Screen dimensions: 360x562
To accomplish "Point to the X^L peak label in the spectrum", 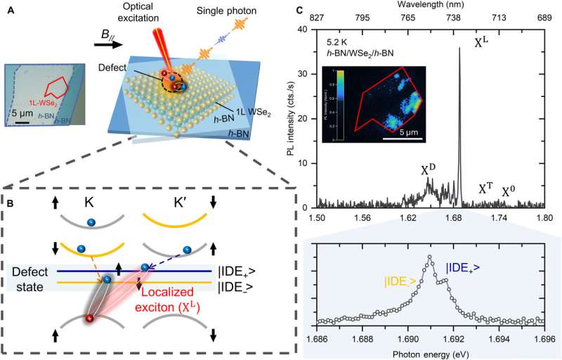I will [481, 44].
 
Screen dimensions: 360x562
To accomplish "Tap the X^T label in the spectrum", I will [485, 189].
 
